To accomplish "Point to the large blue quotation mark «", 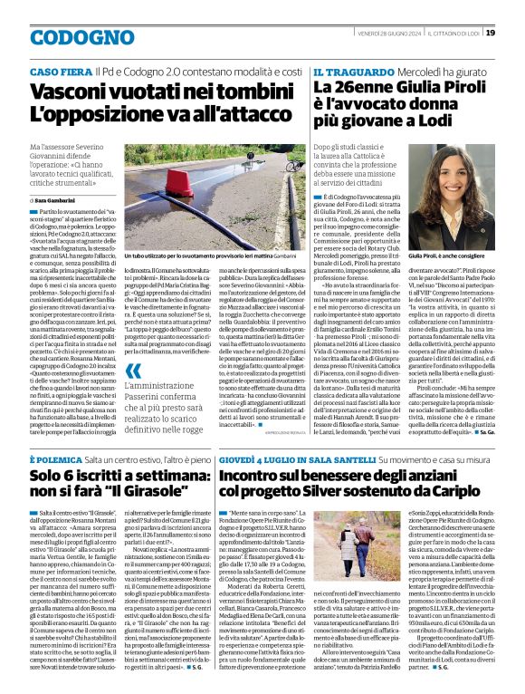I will tap(133, 371).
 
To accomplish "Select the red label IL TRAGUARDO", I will tap(345, 71).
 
